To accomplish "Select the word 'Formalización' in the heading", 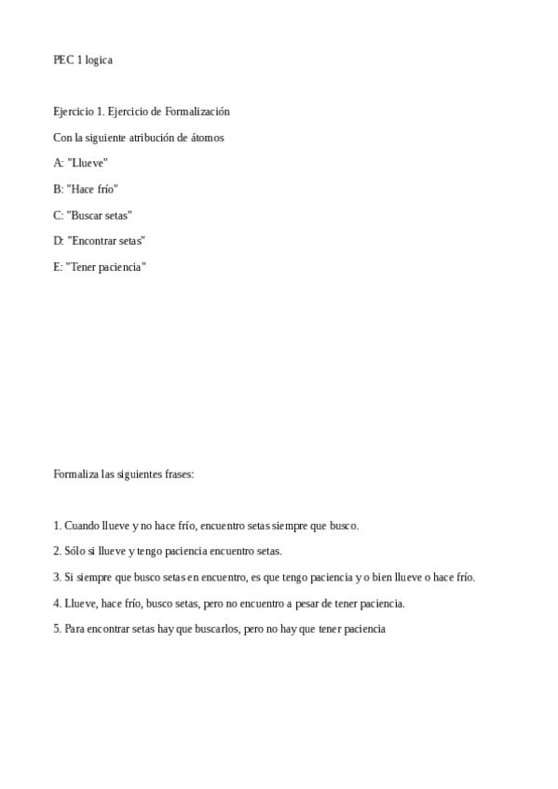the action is (197, 112).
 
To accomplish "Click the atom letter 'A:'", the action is (59, 163).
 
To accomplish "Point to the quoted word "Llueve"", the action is (88, 163).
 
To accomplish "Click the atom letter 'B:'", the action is (59, 189).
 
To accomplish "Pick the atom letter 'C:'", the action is (59, 215).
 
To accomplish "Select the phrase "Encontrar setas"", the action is (106, 241).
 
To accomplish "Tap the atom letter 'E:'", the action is (59, 267).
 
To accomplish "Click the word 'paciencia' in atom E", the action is (123, 267).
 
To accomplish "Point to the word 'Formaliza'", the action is (75, 474).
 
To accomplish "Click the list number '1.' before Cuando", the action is (57, 526).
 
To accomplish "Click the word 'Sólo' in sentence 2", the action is (75, 551).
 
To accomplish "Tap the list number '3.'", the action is (57, 577).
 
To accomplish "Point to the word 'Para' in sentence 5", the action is (74, 629).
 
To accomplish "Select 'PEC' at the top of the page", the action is (63, 60).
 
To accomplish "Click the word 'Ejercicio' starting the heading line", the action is (73, 112).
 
